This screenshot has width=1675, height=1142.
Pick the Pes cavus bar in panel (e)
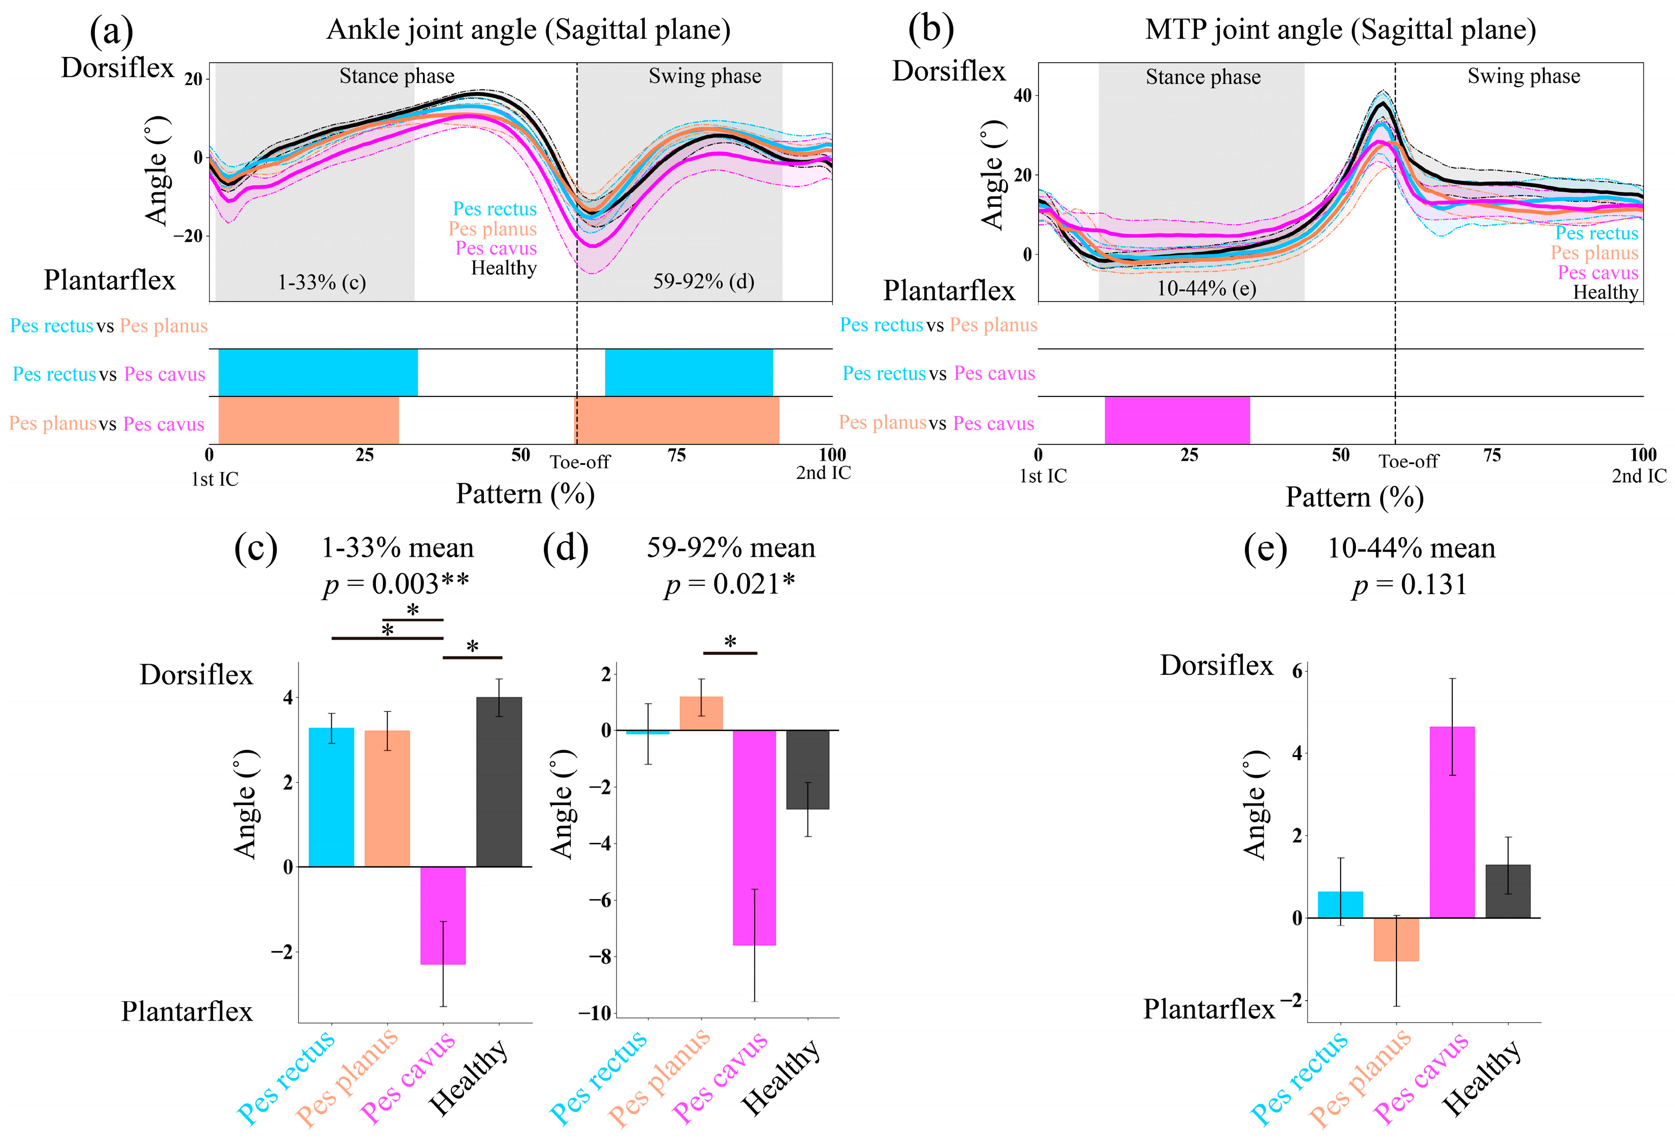pyautogui.click(x=1452, y=821)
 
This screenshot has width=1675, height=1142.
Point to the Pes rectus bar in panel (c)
pyautogui.click(x=331, y=797)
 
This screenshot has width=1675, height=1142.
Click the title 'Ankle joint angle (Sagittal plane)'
pyautogui.click(x=528, y=30)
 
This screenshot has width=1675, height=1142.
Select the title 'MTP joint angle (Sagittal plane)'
pyautogui.click(x=1340, y=30)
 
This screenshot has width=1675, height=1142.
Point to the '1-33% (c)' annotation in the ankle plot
pyautogui.click(x=322, y=282)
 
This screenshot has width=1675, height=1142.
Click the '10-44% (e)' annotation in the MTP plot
pyautogui.click(x=1206, y=288)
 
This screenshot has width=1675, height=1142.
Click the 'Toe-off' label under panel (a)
pyautogui.click(x=580, y=461)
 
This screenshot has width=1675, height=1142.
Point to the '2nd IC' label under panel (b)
pyautogui.click(x=1638, y=476)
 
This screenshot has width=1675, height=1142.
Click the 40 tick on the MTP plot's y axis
pyautogui.click(x=1022, y=95)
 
